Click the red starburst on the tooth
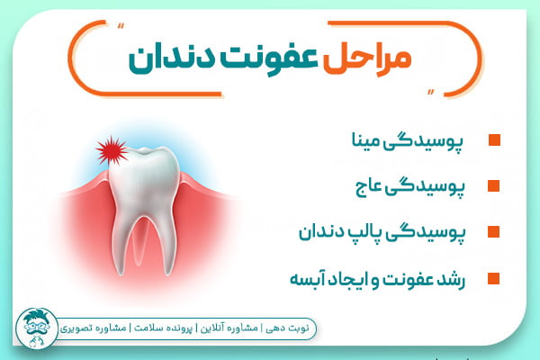tap(112, 149)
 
